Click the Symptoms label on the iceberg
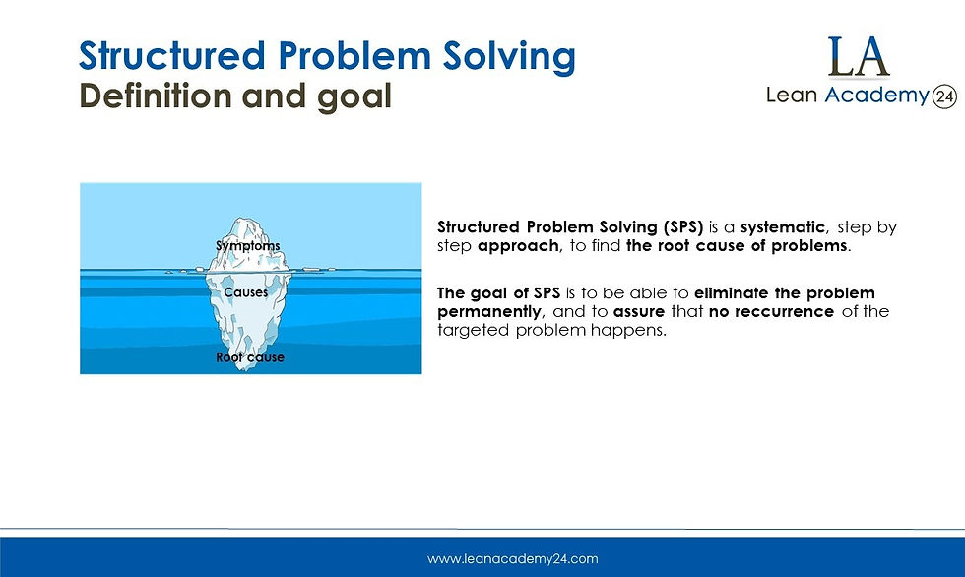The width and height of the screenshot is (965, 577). point(248,246)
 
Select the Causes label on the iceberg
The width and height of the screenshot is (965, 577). point(245,292)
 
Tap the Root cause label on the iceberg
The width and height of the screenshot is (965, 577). point(250,357)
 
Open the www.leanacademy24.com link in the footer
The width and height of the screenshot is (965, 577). point(512,558)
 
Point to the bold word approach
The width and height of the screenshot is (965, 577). point(519,245)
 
